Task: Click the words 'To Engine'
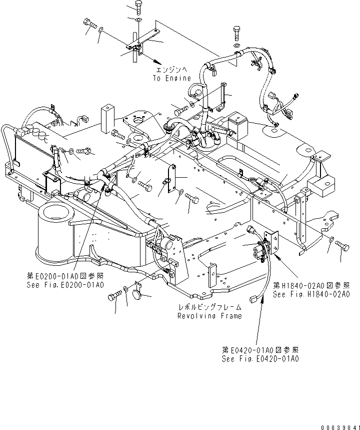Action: point(171,78)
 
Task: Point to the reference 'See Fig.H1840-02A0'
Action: point(311,294)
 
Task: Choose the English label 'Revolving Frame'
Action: point(209,316)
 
